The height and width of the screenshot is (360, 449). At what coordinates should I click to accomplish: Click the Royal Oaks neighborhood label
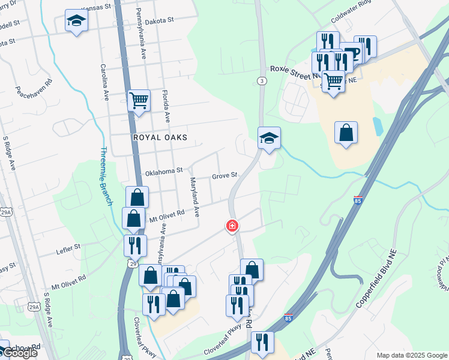click(x=160, y=137)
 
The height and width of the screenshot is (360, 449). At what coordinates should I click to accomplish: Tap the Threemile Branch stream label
click(x=107, y=176)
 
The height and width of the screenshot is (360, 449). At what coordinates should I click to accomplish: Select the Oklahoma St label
click(x=163, y=171)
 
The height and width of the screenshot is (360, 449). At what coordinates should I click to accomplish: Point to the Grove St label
click(x=225, y=176)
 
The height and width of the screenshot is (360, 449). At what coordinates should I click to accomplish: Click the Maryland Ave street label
click(x=194, y=197)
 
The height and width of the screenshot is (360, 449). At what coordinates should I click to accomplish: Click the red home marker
click(x=232, y=226)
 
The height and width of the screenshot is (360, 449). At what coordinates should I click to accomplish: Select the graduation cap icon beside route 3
click(x=269, y=138)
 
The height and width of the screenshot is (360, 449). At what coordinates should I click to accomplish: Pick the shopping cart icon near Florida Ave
click(x=139, y=100)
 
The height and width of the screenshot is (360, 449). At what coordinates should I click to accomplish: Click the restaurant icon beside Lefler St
click(x=134, y=245)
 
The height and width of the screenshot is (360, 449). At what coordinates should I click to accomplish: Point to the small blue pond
click(x=378, y=126)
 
